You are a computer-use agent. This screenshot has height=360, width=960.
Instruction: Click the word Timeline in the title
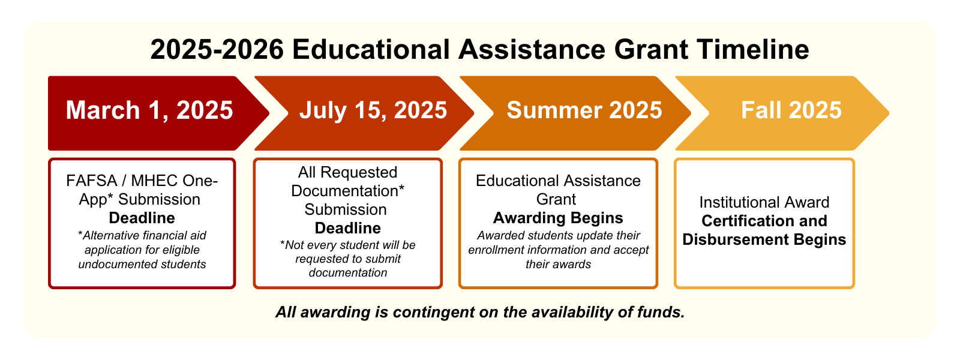tap(752, 49)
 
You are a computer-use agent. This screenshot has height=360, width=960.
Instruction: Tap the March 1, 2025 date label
tap(149, 110)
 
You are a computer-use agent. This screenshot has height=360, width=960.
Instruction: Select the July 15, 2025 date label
tap(373, 110)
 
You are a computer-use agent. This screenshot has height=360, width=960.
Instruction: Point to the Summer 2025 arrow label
tap(584, 110)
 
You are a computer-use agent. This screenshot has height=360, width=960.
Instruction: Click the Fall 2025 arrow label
tap(791, 110)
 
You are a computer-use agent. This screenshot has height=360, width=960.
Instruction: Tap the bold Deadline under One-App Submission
tap(142, 218)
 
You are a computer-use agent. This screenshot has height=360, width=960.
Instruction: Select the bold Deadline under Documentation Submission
tap(347, 228)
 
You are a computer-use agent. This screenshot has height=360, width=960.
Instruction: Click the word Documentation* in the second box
tap(347, 191)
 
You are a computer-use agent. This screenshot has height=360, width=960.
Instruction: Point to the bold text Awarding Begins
tap(558, 218)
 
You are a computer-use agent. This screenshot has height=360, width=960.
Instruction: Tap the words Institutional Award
tap(764, 202)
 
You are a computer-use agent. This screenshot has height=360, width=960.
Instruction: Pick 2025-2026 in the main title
tap(217, 49)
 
